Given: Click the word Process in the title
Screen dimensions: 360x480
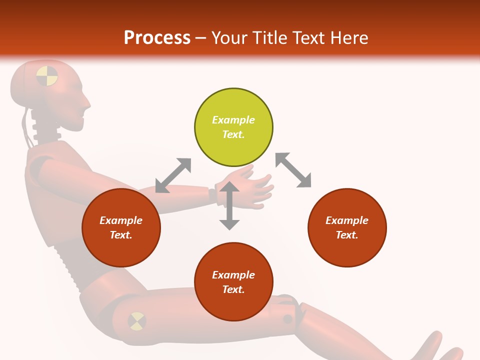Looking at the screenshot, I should (x=157, y=38).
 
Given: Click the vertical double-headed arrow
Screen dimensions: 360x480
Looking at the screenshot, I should (x=229, y=205).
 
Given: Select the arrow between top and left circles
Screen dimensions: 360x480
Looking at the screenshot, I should (x=173, y=175).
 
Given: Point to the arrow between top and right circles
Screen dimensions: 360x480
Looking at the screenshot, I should (x=293, y=170).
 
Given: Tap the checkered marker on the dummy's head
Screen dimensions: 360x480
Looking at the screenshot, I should (x=47, y=76).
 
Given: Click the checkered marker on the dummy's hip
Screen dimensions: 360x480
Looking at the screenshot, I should (x=136, y=320).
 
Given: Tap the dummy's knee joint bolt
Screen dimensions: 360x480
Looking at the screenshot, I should (x=288, y=318).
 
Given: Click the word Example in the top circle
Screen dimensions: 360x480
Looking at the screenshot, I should (x=233, y=120).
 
